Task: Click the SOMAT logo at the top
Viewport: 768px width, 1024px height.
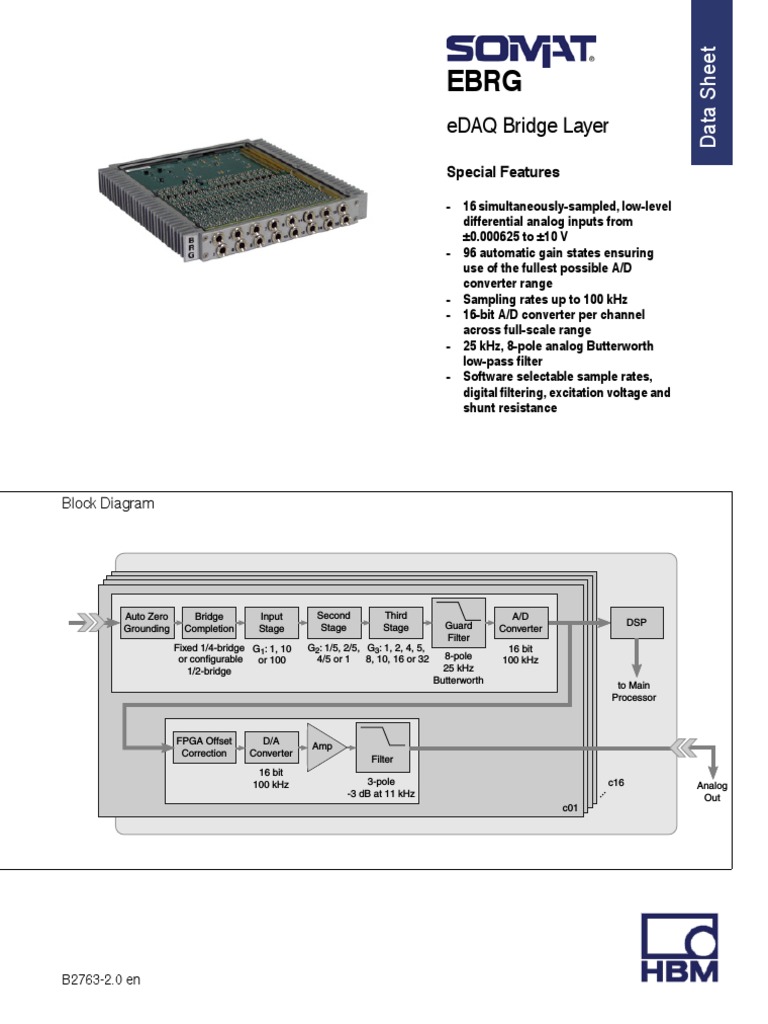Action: coord(520,50)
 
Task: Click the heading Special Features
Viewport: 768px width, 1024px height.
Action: coord(502,172)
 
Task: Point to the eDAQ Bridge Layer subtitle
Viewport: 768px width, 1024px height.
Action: coord(527,127)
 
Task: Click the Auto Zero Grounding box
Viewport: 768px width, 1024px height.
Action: coord(146,623)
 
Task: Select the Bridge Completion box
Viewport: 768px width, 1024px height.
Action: coord(209,623)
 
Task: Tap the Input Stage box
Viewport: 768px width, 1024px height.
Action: coord(271,623)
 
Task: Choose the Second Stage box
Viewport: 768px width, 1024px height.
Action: coord(333,622)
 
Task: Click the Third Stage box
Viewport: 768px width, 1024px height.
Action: coord(396,622)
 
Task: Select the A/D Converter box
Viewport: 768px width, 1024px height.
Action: coord(520,623)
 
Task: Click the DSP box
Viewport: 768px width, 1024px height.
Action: coord(636,622)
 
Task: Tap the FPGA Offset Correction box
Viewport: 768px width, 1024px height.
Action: coord(204,747)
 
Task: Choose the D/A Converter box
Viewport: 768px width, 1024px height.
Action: coord(271,747)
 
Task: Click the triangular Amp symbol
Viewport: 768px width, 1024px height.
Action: coord(325,747)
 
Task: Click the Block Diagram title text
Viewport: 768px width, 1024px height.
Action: coord(108,504)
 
